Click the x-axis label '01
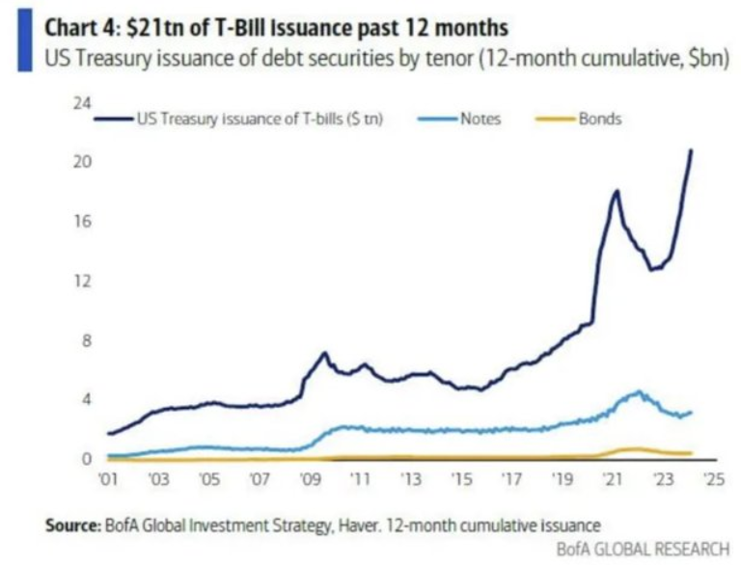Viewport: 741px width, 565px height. click(106, 477)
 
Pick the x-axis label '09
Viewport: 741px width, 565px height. click(309, 477)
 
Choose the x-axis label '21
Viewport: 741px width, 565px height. click(611, 477)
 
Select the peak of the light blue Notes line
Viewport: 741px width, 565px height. click(639, 391)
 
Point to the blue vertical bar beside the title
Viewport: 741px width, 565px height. click(24, 37)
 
